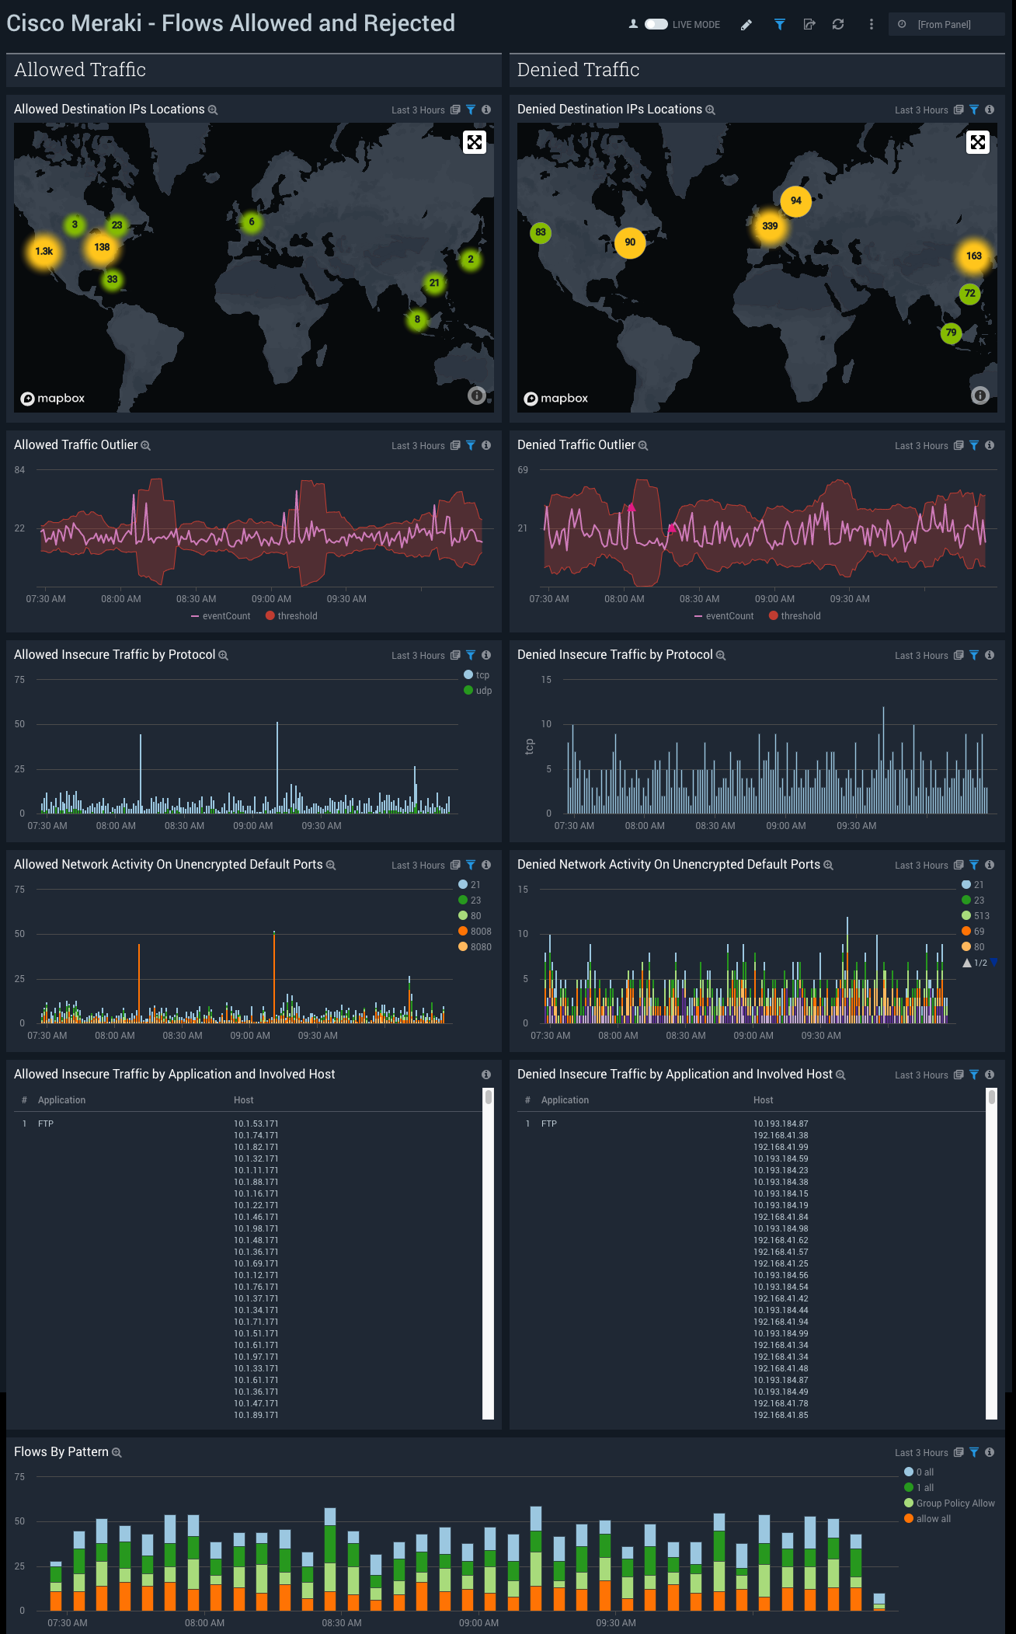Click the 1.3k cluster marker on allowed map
[44, 251]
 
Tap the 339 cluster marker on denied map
[770, 226]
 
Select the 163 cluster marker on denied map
[973, 256]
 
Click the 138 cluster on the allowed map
[102, 247]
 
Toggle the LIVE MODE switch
[656, 24]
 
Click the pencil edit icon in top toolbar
[746, 25]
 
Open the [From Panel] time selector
[945, 24]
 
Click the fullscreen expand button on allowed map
[475, 142]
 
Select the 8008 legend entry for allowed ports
[480, 932]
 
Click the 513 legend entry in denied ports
[981, 916]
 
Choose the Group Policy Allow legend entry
[955, 1503]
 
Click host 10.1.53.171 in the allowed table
[256, 1124]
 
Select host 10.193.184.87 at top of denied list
[780, 1124]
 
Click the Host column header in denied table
[763, 1100]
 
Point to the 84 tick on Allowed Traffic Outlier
[19, 470]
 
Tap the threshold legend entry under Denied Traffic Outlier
[800, 616]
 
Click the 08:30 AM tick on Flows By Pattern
[342, 1623]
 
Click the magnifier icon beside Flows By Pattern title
[117, 1453]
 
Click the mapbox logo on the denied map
[556, 399]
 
